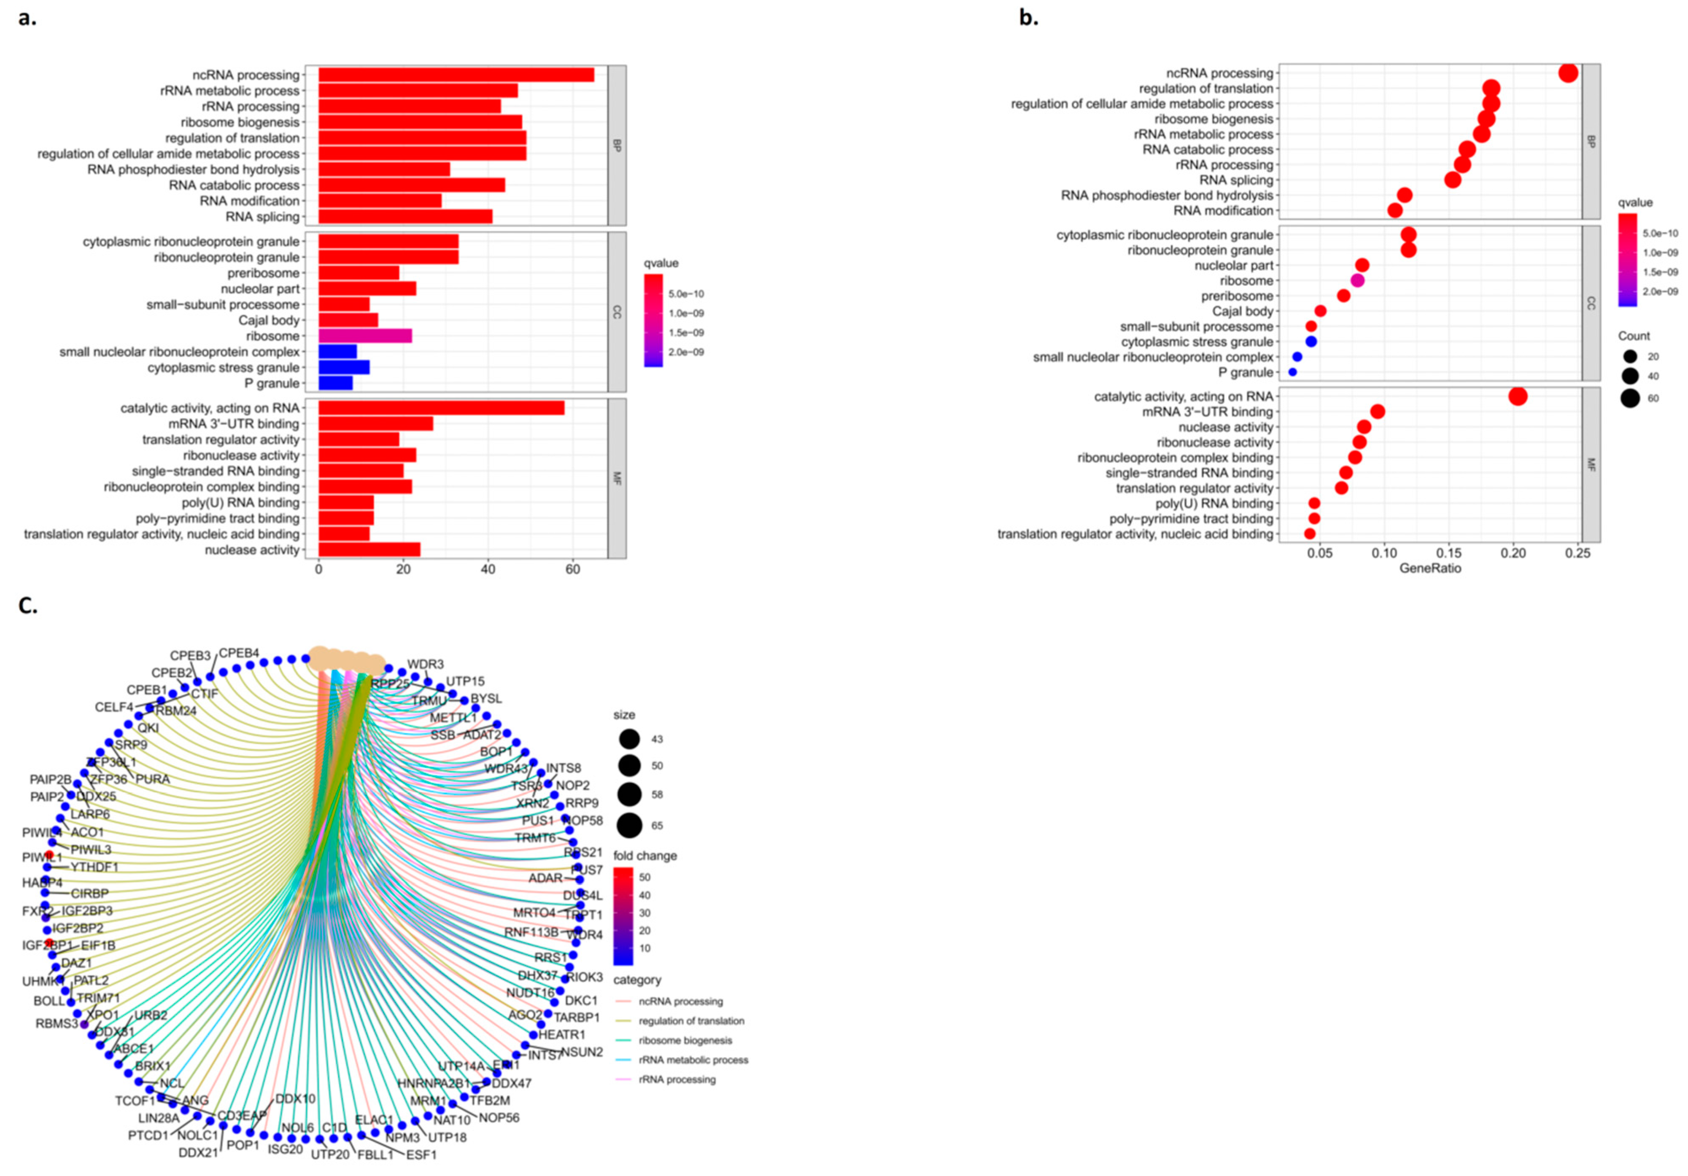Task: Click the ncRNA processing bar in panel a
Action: coord(456,75)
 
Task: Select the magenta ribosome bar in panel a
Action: coord(365,336)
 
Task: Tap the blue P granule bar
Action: coord(335,383)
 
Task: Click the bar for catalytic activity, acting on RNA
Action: coord(441,408)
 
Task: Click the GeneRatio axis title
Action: coord(1430,568)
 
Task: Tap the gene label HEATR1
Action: coord(562,1035)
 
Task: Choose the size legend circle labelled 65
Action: coord(629,826)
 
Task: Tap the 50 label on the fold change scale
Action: coord(645,877)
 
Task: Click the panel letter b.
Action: coord(1028,19)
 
